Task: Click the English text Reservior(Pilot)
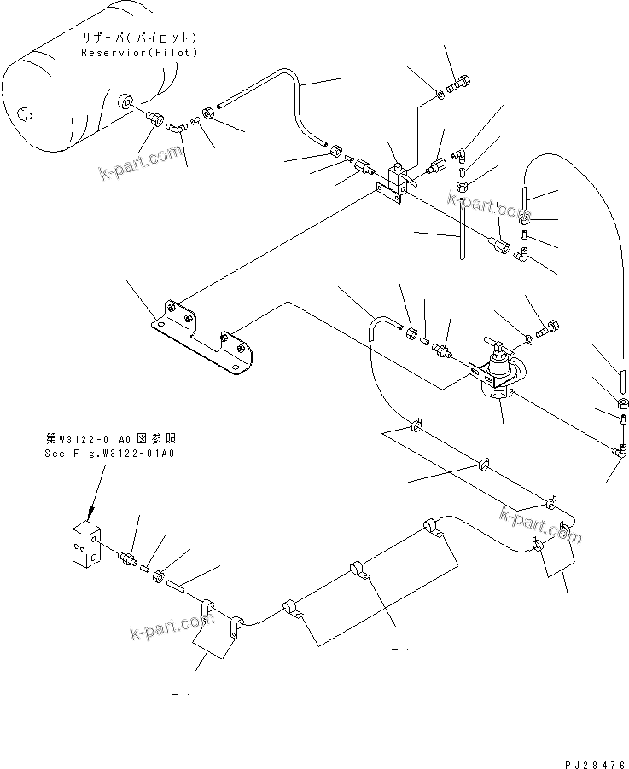139,53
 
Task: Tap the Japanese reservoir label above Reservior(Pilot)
139,39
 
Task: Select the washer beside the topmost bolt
438,93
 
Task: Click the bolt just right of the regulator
547,329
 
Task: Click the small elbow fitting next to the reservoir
175,129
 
